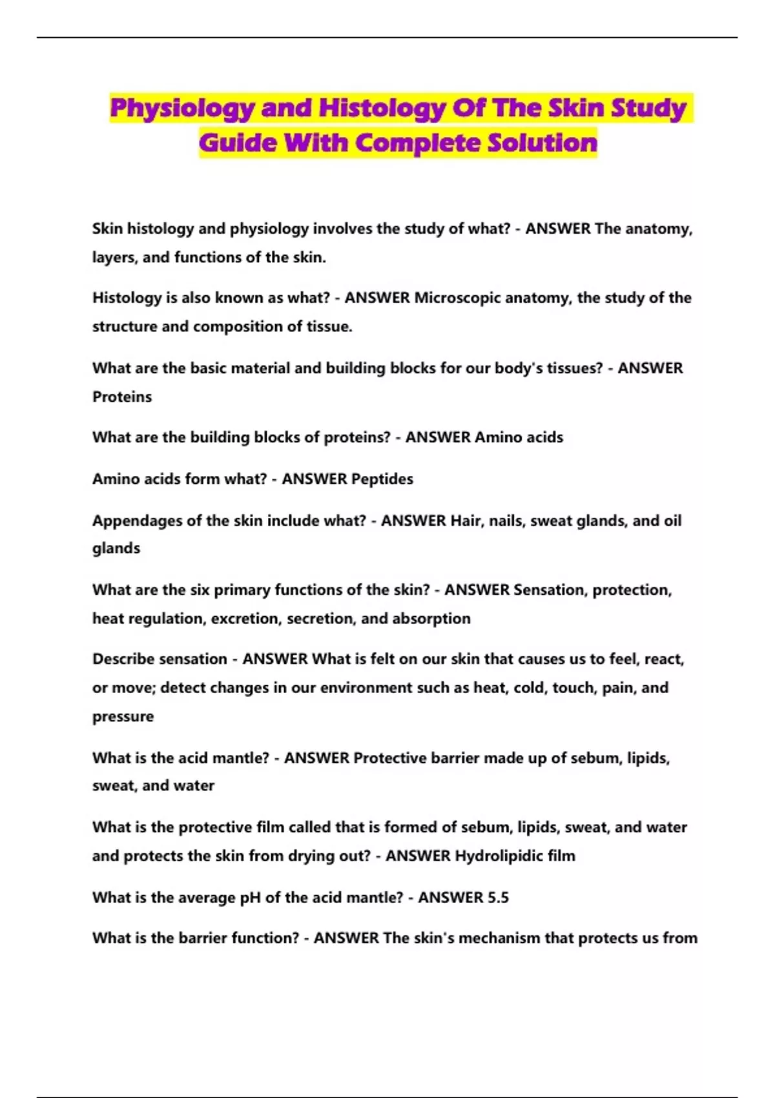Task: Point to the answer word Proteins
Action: [x=122, y=397]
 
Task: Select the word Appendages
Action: [x=137, y=521]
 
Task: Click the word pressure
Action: [x=123, y=716]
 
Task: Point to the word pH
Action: [x=251, y=898]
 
